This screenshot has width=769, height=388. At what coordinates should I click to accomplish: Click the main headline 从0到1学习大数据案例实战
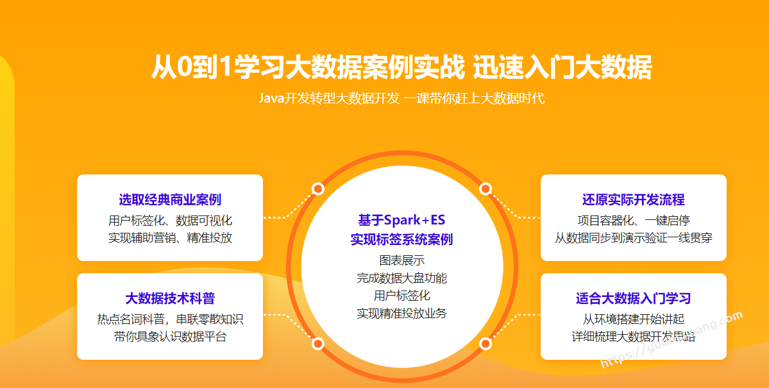307,67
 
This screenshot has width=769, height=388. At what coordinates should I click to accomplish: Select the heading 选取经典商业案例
170,199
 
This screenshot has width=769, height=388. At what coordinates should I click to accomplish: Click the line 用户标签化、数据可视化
170,220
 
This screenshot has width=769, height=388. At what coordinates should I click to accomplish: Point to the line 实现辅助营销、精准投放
170,238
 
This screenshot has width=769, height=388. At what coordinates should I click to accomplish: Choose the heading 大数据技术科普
170,298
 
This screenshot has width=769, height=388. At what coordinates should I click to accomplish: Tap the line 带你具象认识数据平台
170,337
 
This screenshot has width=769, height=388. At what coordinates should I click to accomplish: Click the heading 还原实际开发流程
634,199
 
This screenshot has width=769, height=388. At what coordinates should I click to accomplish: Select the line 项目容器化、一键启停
634,220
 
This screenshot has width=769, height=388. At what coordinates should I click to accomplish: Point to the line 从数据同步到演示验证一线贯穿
634,238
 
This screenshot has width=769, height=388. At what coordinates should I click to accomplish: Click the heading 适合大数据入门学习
634,298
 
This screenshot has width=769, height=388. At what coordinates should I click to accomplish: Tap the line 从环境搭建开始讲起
634,319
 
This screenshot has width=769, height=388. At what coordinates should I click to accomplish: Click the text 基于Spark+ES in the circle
401,220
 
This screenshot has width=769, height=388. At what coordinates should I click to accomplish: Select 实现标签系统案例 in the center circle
401,239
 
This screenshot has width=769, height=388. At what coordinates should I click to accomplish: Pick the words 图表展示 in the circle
401,260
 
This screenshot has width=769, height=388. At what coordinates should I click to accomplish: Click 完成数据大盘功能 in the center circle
401,278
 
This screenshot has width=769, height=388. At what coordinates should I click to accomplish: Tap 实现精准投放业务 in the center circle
401,314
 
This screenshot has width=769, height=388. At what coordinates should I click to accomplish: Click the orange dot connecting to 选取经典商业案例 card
318,189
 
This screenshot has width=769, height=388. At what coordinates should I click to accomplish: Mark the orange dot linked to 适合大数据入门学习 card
486,343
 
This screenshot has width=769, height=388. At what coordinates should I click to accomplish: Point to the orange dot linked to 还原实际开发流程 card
486,189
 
